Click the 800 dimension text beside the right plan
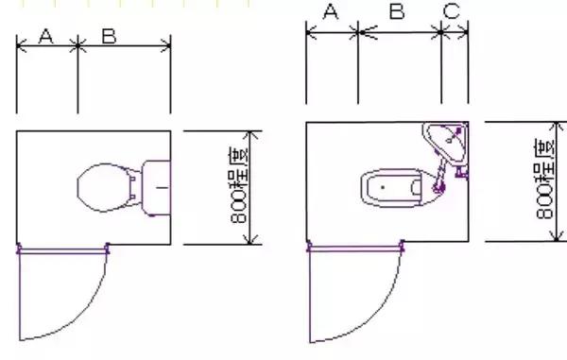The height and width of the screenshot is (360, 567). click(x=545, y=180)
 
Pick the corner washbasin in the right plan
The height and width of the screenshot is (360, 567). click(x=449, y=142)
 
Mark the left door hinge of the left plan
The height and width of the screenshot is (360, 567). click(x=19, y=249)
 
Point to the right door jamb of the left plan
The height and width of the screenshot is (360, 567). click(x=108, y=249)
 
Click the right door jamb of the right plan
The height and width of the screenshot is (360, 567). click(x=401, y=249)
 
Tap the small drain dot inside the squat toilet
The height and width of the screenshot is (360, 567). click(x=382, y=187)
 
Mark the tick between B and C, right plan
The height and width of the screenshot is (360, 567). click(x=442, y=32)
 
